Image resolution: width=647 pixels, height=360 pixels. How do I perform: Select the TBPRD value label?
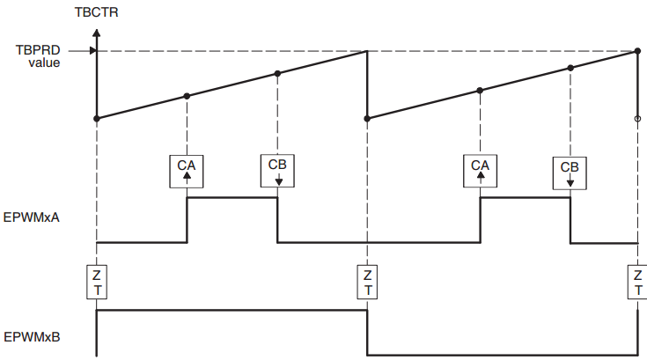(38, 56)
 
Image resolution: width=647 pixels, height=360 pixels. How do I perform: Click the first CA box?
(187, 170)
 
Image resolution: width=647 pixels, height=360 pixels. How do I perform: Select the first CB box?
(277, 170)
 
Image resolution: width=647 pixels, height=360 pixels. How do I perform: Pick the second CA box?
(480, 170)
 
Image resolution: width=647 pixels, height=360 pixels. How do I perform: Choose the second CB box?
(570, 172)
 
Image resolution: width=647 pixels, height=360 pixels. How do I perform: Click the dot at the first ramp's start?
(96, 118)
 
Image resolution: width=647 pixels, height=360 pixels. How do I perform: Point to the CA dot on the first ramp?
(187, 96)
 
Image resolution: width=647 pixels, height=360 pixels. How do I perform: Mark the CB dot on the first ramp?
(277, 73)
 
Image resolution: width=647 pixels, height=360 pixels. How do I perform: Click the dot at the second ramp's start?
(367, 118)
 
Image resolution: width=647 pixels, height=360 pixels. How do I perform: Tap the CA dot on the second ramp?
(480, 90)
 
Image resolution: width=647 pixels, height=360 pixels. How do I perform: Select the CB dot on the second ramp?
(570, 68)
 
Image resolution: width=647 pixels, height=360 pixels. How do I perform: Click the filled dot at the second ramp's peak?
(637, 51)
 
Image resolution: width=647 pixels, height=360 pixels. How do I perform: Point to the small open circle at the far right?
(637, 118)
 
